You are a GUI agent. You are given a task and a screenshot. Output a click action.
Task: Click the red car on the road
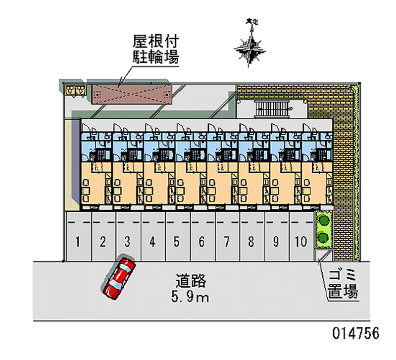[x=119, y=277]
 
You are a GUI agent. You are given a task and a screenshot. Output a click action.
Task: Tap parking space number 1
[x=78, y=241]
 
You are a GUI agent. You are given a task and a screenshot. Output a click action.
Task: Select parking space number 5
[x=177, y=241]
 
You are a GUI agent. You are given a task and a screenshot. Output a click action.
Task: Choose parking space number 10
[x=300, y=241]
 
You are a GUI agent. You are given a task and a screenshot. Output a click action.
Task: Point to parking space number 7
[x=226, y=241]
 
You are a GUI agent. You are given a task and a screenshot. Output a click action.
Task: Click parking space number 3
[x=127, y=241]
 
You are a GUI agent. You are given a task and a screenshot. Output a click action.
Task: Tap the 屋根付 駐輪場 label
[x=155, y=49]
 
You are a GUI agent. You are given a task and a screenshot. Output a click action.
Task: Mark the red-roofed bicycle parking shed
[x=131, y=93]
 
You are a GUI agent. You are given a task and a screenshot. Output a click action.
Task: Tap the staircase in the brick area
[x=271, y=108]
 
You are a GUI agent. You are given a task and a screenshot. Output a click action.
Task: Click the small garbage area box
[x=325, y=256]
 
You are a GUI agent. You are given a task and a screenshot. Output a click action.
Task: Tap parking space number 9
[x=276, y=241]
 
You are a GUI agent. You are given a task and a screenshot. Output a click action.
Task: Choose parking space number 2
[x=102, y=241]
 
